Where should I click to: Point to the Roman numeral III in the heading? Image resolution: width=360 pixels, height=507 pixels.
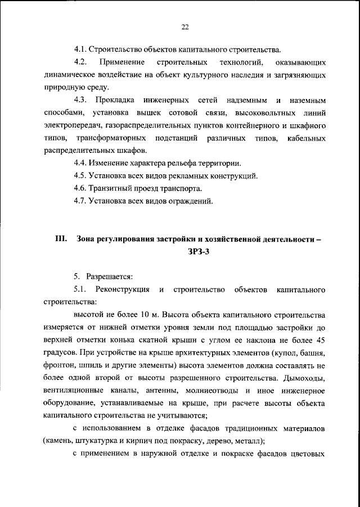coord(61,239)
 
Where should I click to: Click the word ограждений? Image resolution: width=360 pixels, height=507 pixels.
coord(189,201)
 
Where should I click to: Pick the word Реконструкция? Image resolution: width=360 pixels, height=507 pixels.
coord(123,289)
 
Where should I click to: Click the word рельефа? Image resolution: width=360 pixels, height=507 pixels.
coord(176,163)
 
